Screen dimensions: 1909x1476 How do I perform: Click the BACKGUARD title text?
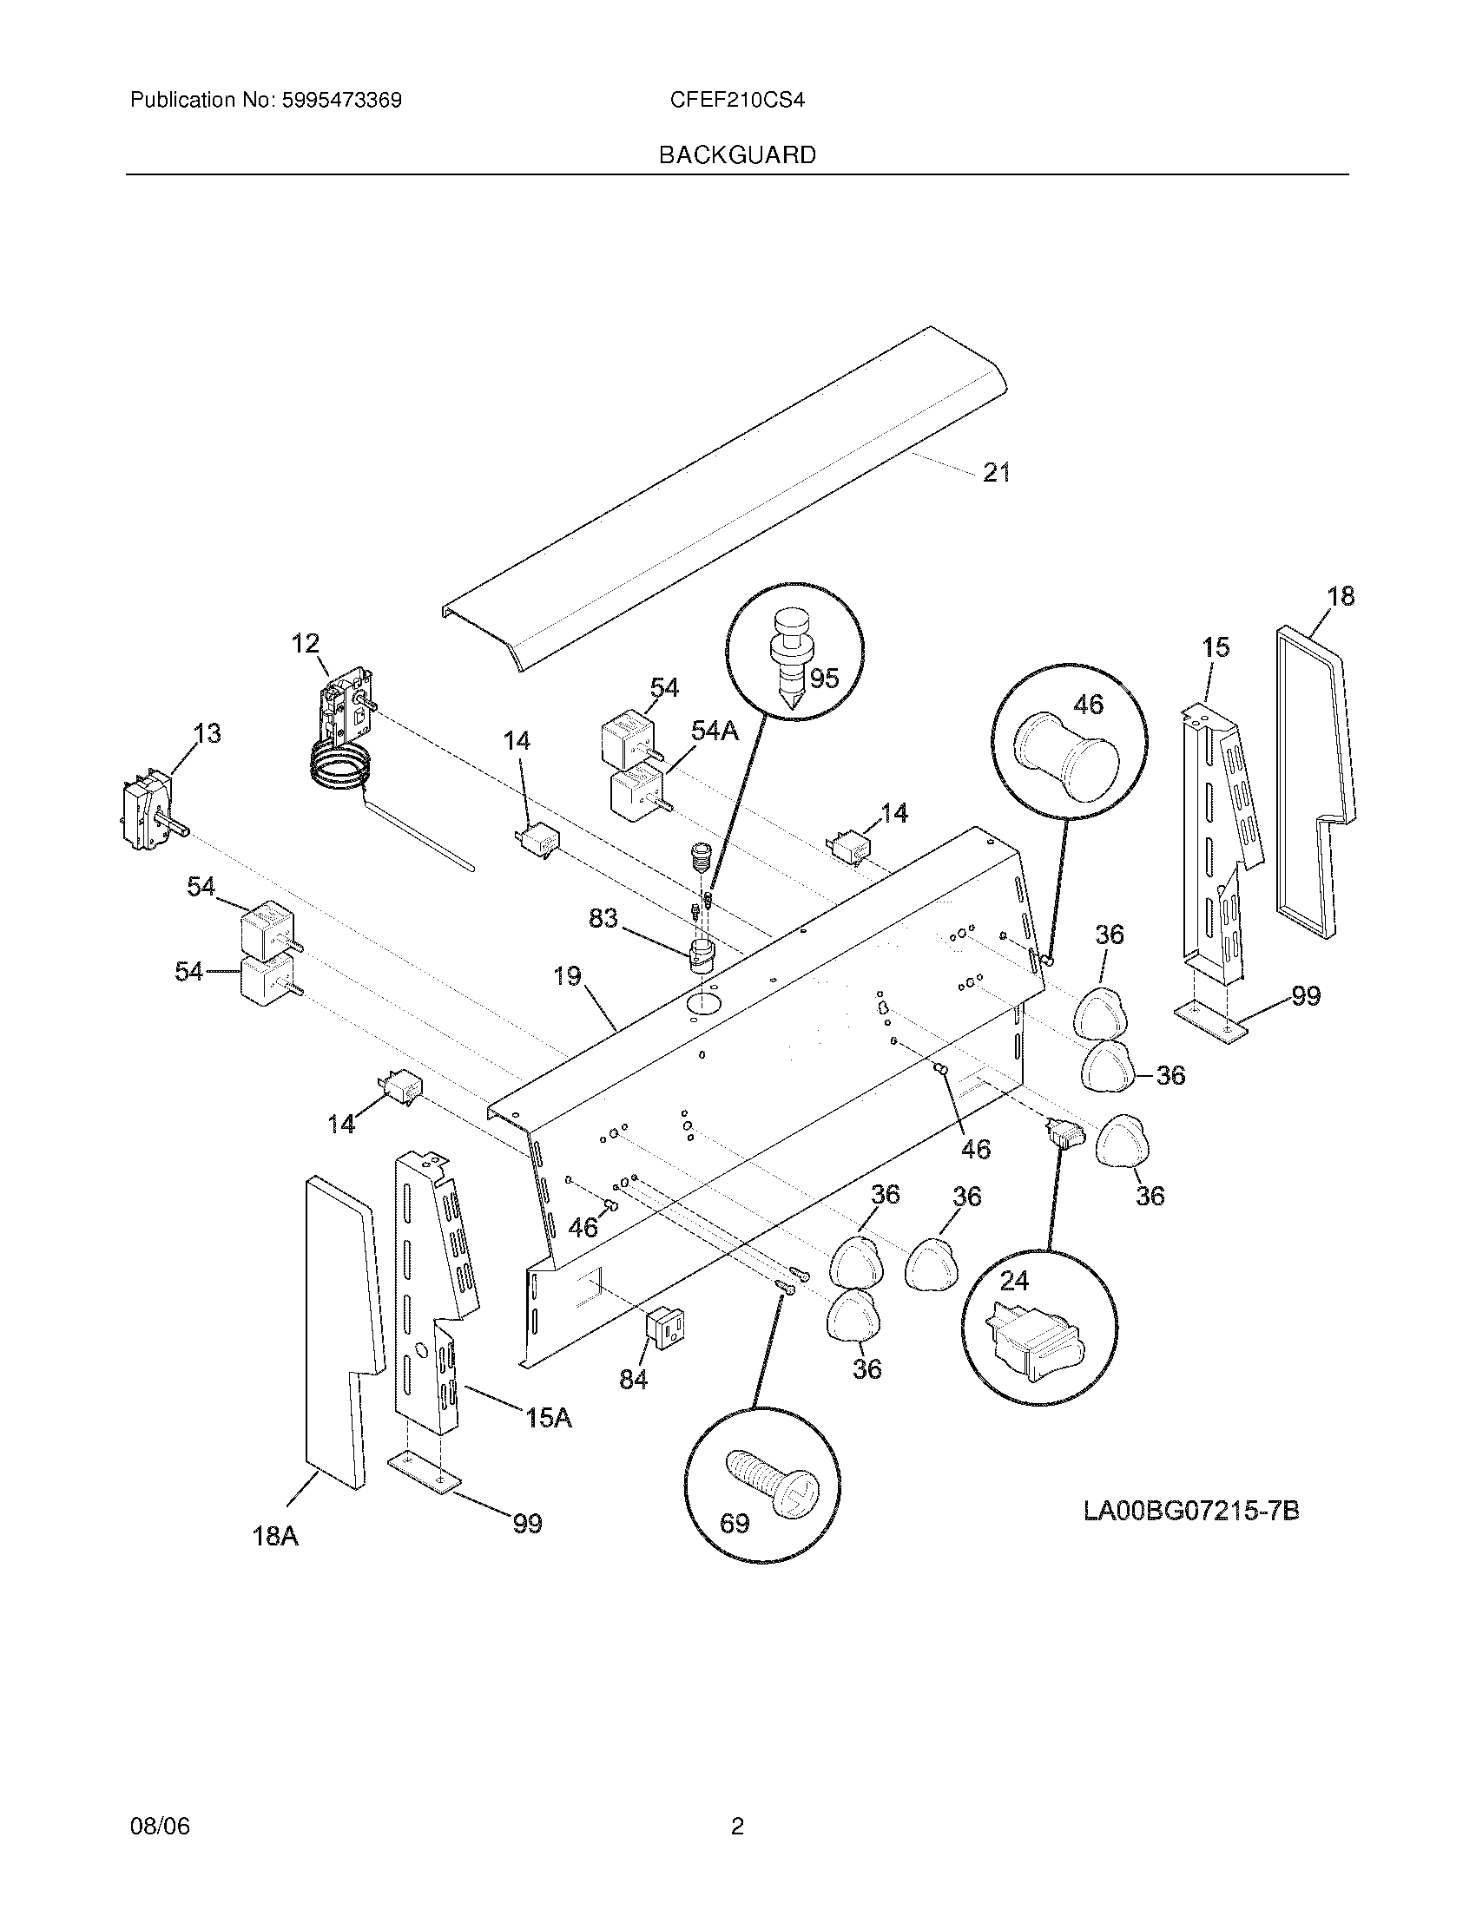(x=737, y=155)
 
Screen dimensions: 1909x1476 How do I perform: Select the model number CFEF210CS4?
(x=737, y=100)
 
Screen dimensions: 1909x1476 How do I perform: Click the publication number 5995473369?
(x=341, y=100)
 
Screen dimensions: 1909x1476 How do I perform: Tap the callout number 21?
(x=997, y=472)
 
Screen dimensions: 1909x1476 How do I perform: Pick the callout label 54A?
(x=715, y=731)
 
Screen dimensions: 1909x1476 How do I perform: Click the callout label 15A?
(x=548, y=1417)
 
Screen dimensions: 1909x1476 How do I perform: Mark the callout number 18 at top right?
(x=1341, y=596)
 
